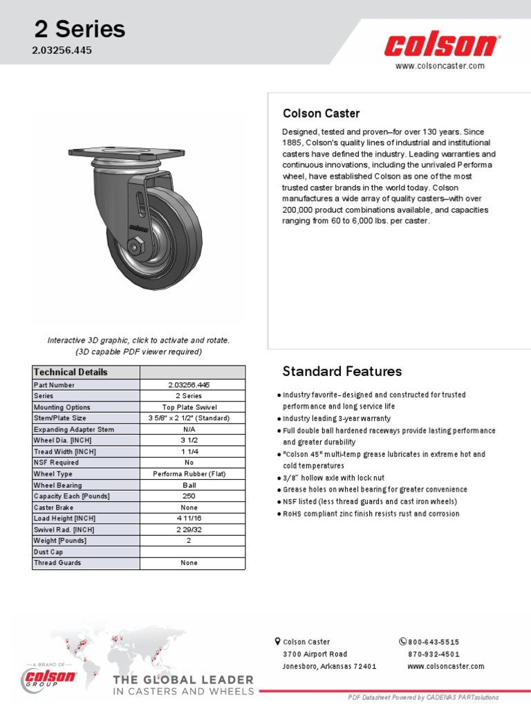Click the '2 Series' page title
(x=80, y=29)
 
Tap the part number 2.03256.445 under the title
(x=63, y=51)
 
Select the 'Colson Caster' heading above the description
(x=321, y=114)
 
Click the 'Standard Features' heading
(x=342, y=372)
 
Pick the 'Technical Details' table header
(x=71, y=373)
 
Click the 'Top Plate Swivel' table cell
(x=192, y=407)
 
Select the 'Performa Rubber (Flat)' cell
(x=192, y=474)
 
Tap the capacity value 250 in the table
(x=192, y=496)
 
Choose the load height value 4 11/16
(x=192, y=519)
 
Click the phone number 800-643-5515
(x=434, y=642)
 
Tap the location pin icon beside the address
(x=277, y=641)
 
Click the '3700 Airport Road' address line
(x=315, y=654)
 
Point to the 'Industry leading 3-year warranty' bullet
(x=336, y=418)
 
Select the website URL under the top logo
(x=440, y=66)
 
